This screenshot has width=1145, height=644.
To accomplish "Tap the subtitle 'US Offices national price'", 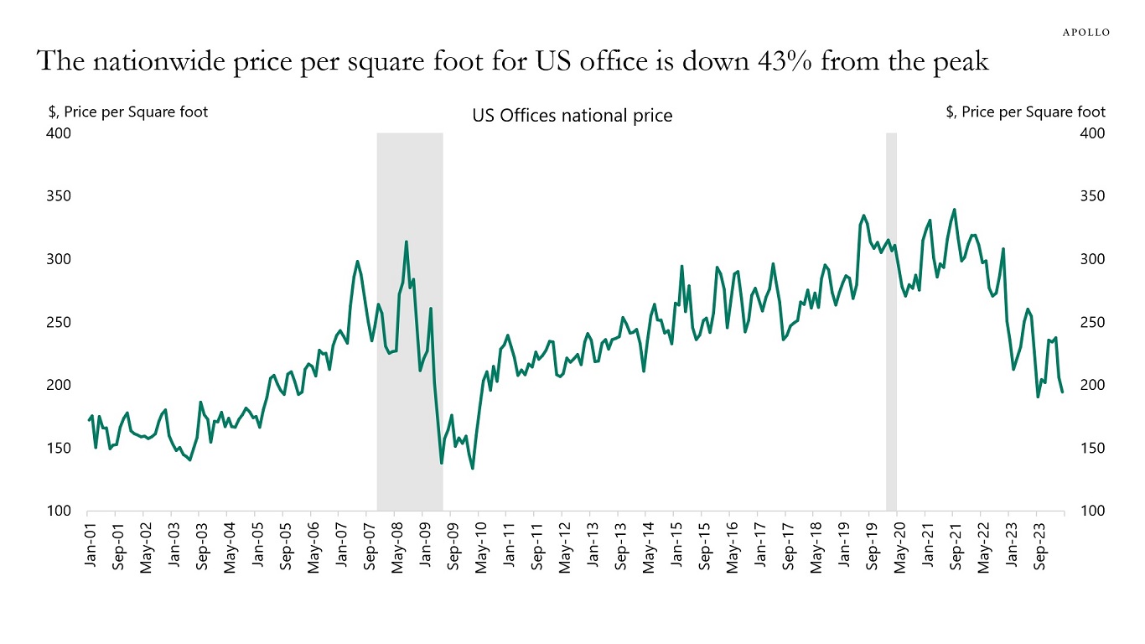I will [x=572, y=116].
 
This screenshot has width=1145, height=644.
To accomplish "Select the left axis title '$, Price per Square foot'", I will [x=128, y=112].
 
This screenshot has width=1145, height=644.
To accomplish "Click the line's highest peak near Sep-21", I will [x=954, y=210].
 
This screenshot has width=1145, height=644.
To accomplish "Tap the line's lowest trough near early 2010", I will [x=473, y=468].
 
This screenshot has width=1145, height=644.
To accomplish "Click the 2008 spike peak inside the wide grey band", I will [x=407, y=241].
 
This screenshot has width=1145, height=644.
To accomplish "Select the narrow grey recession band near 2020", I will [x=891, y=319].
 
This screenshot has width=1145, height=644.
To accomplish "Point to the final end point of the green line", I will [x=1063, y=392].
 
